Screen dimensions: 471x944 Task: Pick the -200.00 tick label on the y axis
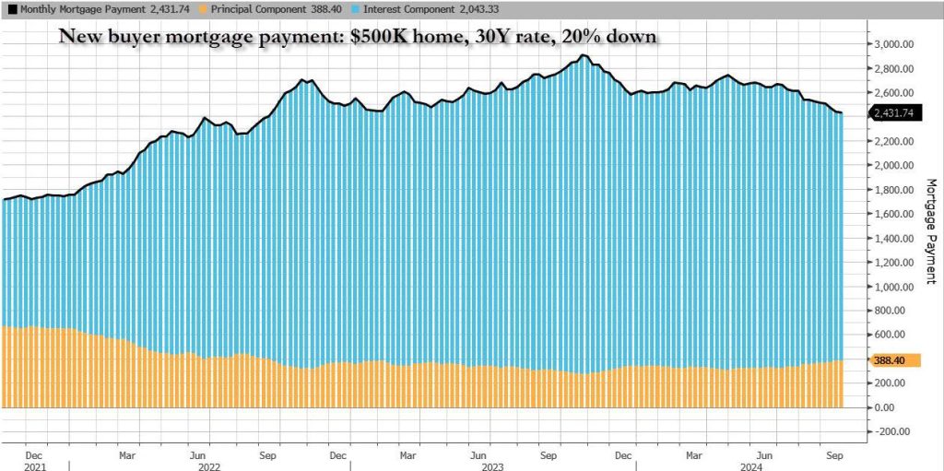click(893, 430)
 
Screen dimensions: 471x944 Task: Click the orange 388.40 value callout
click(891, 360)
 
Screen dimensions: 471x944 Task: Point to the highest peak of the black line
click(583, 55)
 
